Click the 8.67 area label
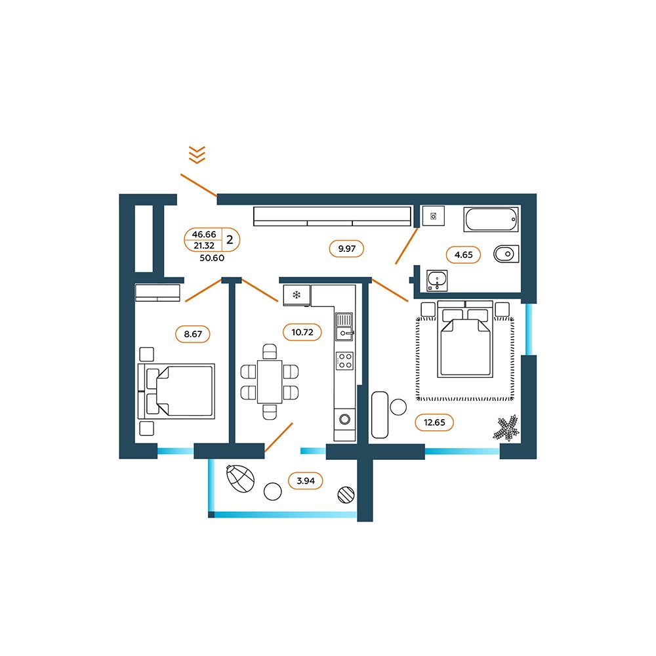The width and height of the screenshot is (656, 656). tap(193, 335)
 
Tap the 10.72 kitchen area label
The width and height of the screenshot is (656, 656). tap(302, 332)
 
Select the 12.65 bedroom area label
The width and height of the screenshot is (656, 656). tap(434, 422)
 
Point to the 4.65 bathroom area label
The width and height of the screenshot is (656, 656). tap(463, 255)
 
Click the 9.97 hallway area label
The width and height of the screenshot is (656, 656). tap(347, 249)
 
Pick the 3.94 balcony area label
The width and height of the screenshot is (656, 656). tap(306, 481)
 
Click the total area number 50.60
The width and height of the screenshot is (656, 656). tap(212, 258)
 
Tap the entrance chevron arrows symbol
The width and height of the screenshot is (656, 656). tap(197, 154)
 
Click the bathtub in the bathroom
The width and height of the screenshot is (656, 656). tap(491, 219)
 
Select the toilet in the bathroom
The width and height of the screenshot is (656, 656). tap(506, 254)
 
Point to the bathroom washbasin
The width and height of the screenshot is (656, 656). tap(437, 280)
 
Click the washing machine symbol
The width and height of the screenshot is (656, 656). tap(433, 216)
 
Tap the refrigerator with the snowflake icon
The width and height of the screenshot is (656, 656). tap(297, 295)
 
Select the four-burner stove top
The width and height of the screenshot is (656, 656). tap(345, 361)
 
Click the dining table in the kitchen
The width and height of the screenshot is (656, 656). tap(270, 382)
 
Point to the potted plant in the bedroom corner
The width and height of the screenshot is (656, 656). tap(506, 428)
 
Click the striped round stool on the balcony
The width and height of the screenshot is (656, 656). tap(346, 495)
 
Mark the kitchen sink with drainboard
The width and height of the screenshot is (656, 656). tap(344, 327)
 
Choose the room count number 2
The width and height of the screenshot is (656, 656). tap(230, 239)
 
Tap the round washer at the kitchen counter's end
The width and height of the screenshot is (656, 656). tap(345, 419)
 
